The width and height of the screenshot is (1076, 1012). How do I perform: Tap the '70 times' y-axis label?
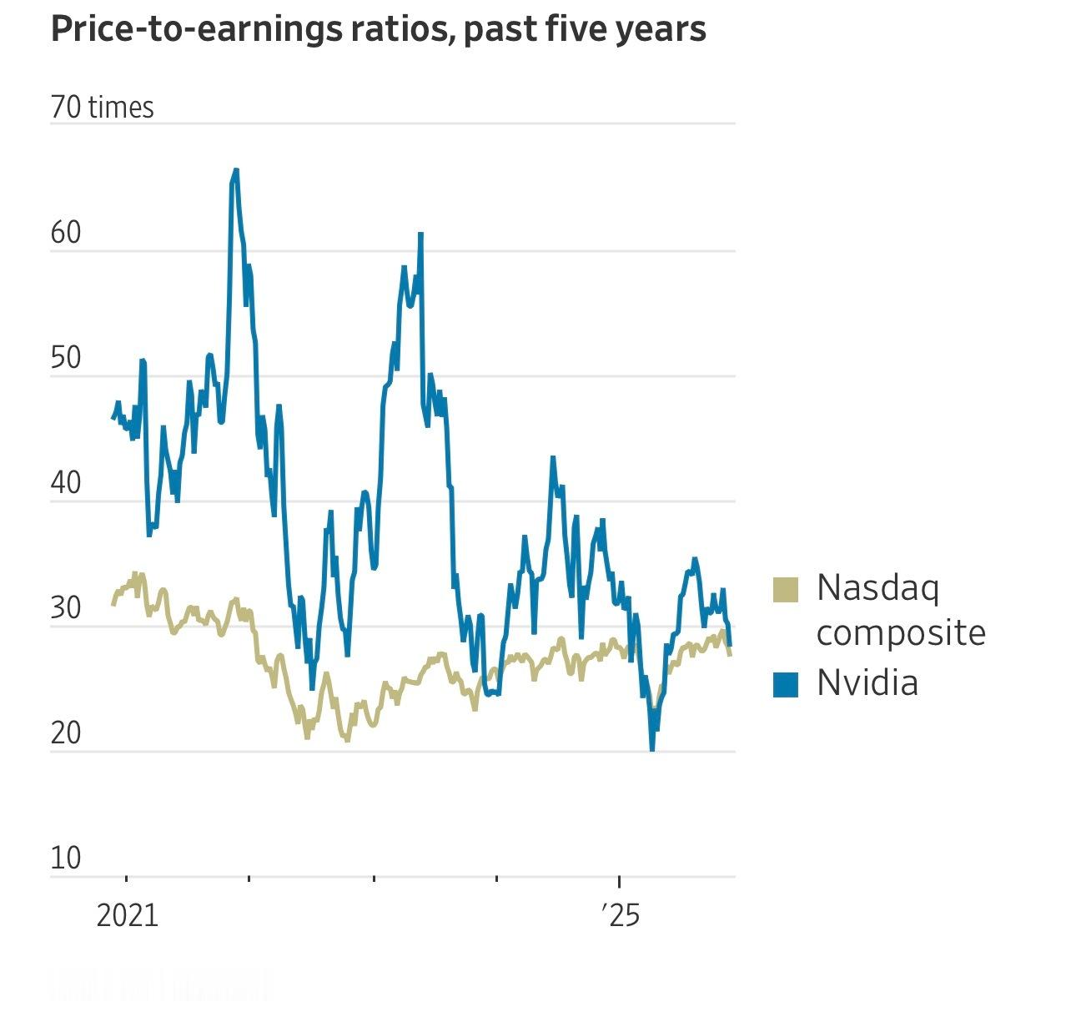[x=102, y=108]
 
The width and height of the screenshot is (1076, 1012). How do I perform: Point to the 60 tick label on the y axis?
[x=66, y=233]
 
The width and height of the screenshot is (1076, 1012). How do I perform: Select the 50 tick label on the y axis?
[x=66, y=358]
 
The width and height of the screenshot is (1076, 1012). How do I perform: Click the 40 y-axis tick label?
[x=66, y=483]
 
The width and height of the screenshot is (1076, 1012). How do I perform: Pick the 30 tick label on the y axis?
[x=66, y=608]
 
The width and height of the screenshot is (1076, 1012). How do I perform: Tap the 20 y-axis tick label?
[x=66, y=733]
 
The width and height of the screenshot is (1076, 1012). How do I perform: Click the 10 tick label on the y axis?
[x=66, y=858]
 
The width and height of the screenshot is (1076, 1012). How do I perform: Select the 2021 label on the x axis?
[x=127, y=915]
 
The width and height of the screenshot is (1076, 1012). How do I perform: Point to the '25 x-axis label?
[x=620, y=915]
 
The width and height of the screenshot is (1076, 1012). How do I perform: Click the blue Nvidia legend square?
[x=786, y=683]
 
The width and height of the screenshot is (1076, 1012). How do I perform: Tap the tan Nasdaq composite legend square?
[x=786, y=589]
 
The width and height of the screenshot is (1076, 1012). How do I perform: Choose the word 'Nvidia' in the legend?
[x=867, y=682]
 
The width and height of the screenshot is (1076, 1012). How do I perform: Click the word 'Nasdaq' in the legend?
[x=877, y=588]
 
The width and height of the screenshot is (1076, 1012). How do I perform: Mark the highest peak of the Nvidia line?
[x=236, y=170]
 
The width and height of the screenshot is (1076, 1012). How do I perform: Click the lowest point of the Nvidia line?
[x=651, y=749]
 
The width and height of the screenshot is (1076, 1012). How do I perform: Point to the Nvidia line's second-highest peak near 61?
[x=421, y=234]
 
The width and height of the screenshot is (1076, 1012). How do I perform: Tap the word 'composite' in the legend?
[x=901, y=633]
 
